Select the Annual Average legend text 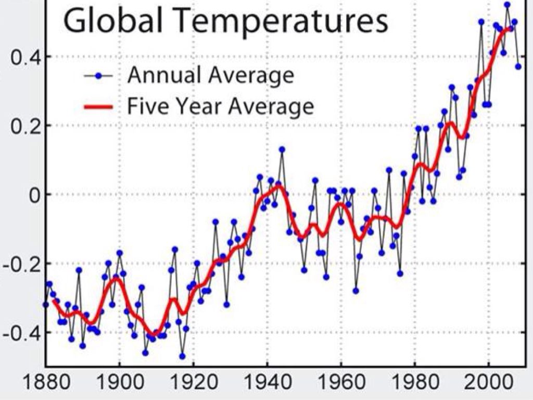coord(211,76)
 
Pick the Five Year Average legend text coord(221,107)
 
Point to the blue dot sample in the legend coord(98,76)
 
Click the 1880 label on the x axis coord(45,385)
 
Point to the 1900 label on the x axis coord(119,385)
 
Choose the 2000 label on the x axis coord(489,385)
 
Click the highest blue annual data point coord(507,5)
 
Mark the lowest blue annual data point coord(182,356)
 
